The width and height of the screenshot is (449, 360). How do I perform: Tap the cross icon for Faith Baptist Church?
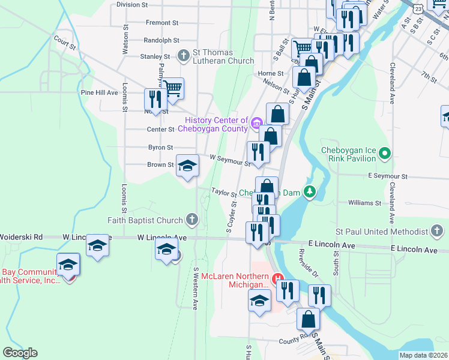(192, 219)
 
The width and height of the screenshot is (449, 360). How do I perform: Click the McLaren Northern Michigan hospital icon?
(278, 279)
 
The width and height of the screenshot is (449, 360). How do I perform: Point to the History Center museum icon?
(256, 124)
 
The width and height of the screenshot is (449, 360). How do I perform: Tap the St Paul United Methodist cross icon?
(437, 231)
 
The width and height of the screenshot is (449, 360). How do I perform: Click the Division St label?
(132, 4)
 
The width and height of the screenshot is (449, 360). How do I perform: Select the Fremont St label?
(162, 23)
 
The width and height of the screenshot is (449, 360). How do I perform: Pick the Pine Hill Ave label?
(99, 93)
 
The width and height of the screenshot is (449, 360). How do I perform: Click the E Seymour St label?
(388, 176)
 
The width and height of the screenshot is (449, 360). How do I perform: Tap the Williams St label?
(364, 203)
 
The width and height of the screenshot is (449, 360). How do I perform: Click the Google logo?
(20, 353)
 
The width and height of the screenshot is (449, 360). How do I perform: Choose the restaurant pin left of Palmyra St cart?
(155, 100)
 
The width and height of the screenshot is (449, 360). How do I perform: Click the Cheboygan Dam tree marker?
(309, 192)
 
